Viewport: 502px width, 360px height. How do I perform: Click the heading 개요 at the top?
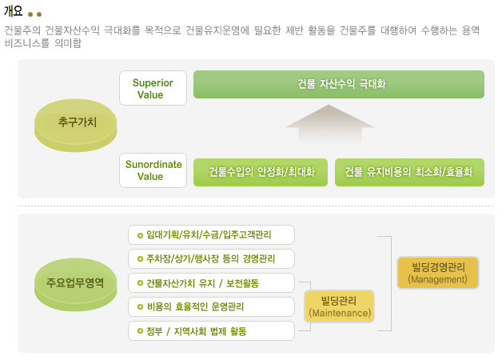pos(13,11)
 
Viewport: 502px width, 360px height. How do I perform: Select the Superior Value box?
pos(153,88)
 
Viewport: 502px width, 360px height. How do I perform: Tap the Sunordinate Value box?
pos(153,170)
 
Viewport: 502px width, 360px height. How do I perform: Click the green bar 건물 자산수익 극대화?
pos(339,84)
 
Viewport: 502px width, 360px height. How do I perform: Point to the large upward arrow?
pos(330,123)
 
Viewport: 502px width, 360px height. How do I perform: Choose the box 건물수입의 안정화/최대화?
pos(261,172)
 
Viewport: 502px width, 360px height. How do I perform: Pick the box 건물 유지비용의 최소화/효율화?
pos(409,172)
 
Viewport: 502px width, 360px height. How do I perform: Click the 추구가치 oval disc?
pos(76,126)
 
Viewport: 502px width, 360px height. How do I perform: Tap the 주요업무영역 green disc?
pos(76,285)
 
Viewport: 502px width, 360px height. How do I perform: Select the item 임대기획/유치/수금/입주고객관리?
pos(211,234)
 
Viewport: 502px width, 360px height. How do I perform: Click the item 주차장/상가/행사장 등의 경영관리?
pos(211,258)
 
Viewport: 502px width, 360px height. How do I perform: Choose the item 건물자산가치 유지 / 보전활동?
pos(211,283)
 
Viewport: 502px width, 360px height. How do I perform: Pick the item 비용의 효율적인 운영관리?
pos(211,307)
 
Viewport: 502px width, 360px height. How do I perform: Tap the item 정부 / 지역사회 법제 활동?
pos(211,331)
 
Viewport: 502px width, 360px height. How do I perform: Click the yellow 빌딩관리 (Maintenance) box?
pos(340,306)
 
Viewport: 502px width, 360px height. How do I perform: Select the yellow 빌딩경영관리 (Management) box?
pos(437,273)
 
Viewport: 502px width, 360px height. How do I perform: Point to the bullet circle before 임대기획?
pos(140,235)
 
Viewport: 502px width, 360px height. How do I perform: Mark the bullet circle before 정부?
pos(140,331)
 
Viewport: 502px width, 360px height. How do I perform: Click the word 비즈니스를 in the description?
pos(27,42)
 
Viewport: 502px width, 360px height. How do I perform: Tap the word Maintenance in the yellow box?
pos(341,313)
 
